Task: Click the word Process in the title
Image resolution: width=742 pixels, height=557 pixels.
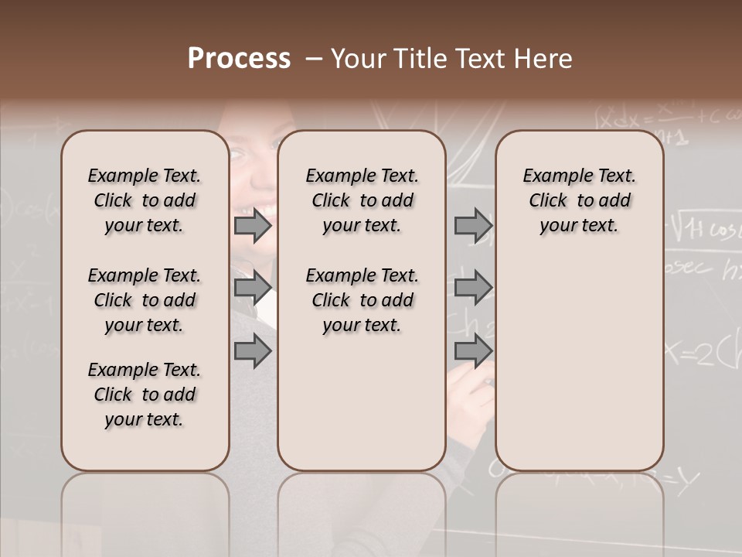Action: tap(239, 59)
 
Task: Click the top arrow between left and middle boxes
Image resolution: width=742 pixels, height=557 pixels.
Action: tap(253, 226)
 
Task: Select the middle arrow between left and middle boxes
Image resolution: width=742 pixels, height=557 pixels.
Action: tap(253, 289)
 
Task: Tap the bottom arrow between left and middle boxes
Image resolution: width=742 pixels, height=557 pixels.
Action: tap(253, 351)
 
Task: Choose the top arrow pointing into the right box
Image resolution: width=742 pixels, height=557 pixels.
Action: tap(473, 226)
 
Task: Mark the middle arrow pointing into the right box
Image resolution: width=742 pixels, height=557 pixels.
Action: tap(473, 289)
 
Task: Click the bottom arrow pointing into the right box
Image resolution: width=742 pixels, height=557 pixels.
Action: tap(473, 351)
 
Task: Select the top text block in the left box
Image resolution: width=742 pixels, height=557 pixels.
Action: tap(145, 200)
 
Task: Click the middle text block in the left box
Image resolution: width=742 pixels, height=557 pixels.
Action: tap(145, 300)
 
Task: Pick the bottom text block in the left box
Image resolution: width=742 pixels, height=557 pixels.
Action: tap(145, 395)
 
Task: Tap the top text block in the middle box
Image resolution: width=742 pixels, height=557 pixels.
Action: tap(362, 200)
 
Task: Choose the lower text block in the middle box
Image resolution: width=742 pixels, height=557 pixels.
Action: tap(362, 300)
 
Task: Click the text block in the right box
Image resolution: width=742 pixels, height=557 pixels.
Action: tap(579, 200)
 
